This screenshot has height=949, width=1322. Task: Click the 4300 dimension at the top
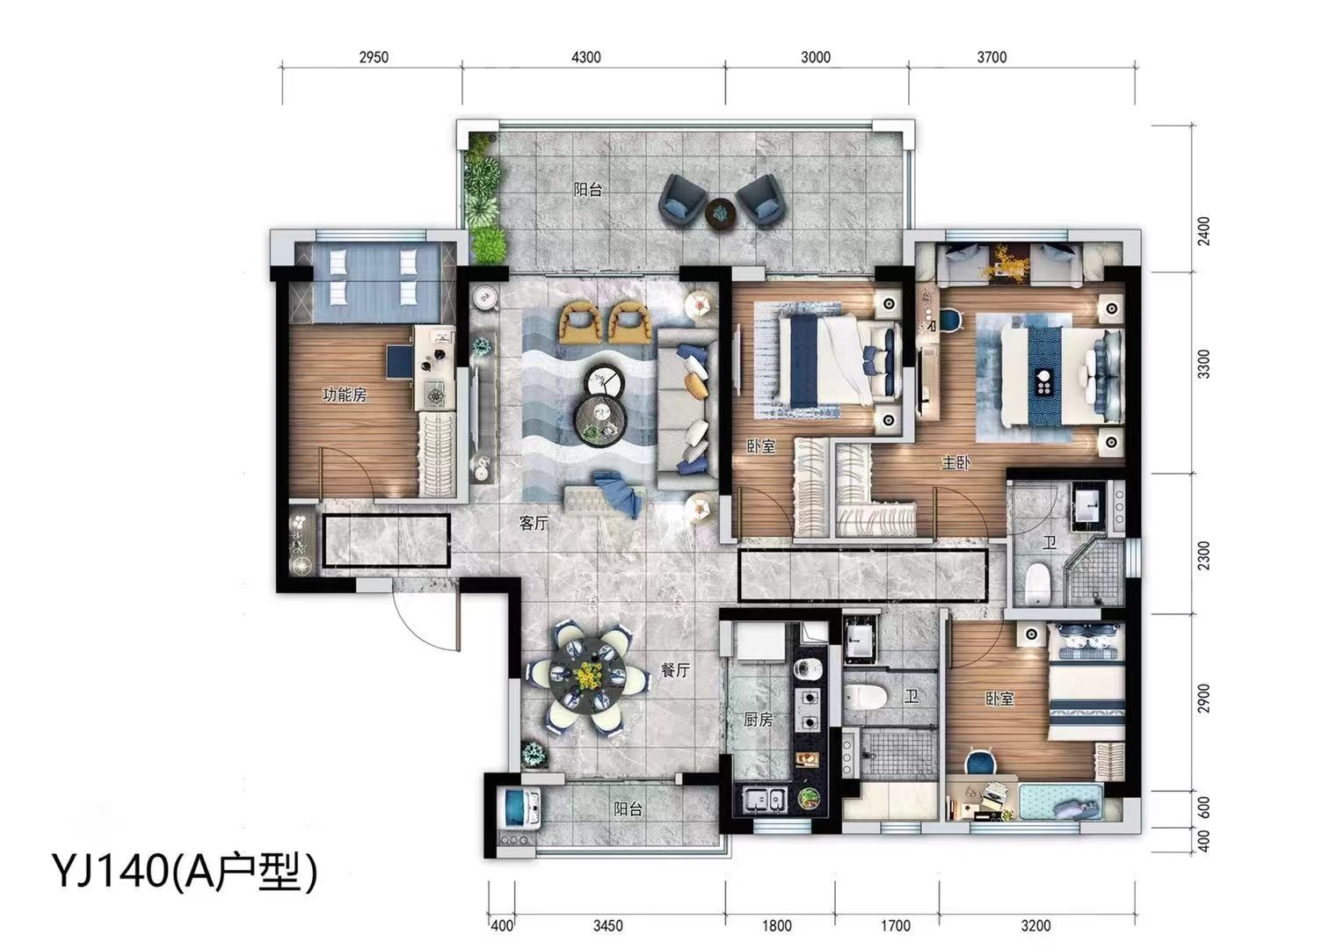[x=586, y=57]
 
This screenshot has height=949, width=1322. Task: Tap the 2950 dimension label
[x=374, y=57]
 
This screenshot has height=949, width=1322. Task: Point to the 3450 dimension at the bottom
[x=608, y=926]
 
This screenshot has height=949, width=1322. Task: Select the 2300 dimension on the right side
[x=1204, y=555]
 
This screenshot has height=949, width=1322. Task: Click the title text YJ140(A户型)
[x=185, y=873]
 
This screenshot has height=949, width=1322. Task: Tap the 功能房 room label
[x=345, y=395]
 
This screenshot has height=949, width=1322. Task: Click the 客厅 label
[x=534, y=523]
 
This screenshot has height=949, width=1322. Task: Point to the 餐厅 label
[x=675, y=670]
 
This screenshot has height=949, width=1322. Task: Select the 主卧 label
[x=955, y=463]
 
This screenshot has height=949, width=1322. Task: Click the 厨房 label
[x=759, y=720]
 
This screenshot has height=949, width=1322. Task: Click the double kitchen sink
[x=765, y=800]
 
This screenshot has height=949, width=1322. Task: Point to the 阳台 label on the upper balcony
[x=588, y=189]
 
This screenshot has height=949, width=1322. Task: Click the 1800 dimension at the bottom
[x=777, y=926]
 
